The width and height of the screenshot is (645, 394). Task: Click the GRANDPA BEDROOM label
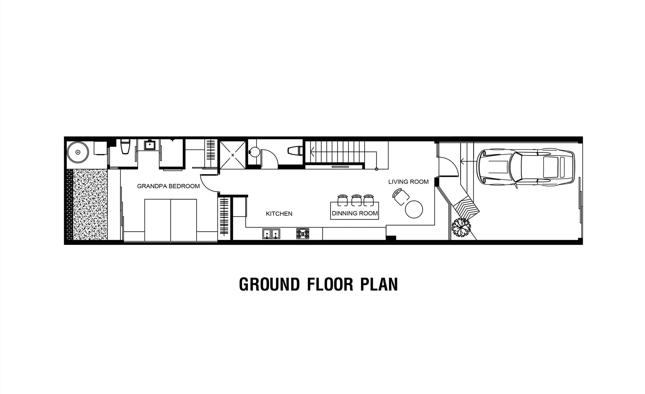pos(168,186)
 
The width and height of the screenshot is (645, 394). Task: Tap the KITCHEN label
pos(279,214)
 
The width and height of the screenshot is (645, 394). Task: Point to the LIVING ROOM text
pos(408,182)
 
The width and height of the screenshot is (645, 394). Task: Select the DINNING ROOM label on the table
pos(355,213)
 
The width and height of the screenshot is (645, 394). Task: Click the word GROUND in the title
pos(269,284)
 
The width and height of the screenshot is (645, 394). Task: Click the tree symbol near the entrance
pos(461,227)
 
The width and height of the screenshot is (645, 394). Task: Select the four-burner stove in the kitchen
pos(303,234)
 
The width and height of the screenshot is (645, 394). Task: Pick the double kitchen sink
pos(271,234)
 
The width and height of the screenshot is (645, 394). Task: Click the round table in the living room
pos(414,209)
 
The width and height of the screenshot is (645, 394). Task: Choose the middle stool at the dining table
pos(356,200)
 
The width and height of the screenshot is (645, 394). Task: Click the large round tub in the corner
pos(78,152)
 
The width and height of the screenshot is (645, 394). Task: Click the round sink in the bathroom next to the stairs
pos(255,152)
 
